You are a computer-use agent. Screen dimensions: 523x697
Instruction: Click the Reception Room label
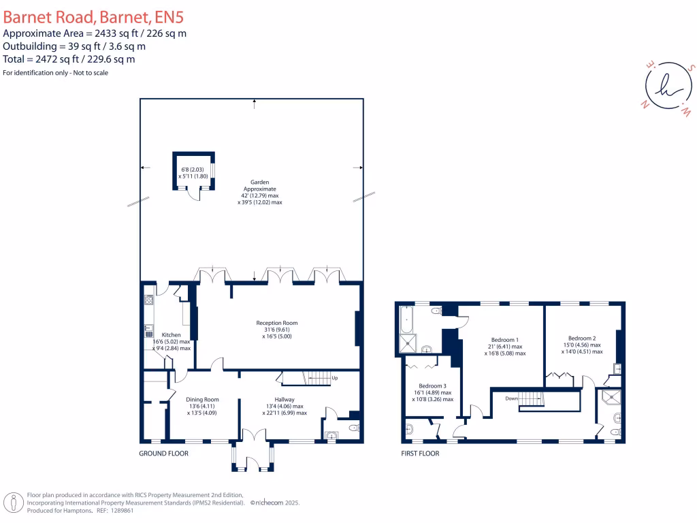[x=276, y=323]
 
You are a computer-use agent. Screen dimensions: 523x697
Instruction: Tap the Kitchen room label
[x=171, y=335]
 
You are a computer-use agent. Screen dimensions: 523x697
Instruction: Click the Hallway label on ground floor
[x=284, y=400]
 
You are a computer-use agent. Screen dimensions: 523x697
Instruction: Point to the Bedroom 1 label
[x=505, y=340]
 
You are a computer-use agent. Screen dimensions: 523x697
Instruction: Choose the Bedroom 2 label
[x=582, y=338]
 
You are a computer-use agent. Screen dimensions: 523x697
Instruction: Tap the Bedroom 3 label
[x=432, y=386]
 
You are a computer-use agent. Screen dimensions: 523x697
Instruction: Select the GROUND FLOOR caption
[x=163, y=454]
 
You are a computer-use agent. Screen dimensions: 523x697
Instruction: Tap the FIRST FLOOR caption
[x=420, y=454]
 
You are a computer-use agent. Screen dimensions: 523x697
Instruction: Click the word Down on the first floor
[x=513, y=398]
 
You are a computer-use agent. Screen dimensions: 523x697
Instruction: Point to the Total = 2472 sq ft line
[x=69, y=59]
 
